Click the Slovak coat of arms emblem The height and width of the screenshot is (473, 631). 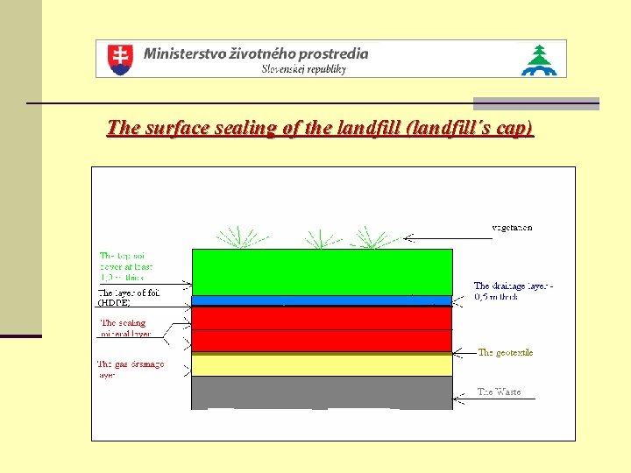pyautogui.click(x=119, y=59)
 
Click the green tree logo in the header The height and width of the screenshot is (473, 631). pyautogui.click(x=539, y=60)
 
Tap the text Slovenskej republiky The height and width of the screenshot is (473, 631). pyautogui.click(x=303, y=69)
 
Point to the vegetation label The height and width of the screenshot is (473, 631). pyautogui.click(x=511, y=228)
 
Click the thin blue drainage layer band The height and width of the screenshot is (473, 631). pyautogui.click(x=322, y=300)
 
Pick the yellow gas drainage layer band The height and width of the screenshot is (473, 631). pyautogui.click(x=322, y=364)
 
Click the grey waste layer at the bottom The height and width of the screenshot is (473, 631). pyautogui.click(x=322, y=392)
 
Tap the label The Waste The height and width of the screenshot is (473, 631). pyautogui.click(x=499, y=392)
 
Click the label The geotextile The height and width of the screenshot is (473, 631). pyautogui.click(x=505, y=352)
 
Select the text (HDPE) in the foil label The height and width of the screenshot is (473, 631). pyautogui.click(x=114, y=302)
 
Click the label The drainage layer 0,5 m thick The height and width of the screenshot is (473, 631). pyautogui.click(x=514, y=291)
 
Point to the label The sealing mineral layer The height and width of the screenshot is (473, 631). pyautogui.click(x=124, y=328)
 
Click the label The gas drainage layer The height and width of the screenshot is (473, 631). pyautogui.click(x=131, y=369)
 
